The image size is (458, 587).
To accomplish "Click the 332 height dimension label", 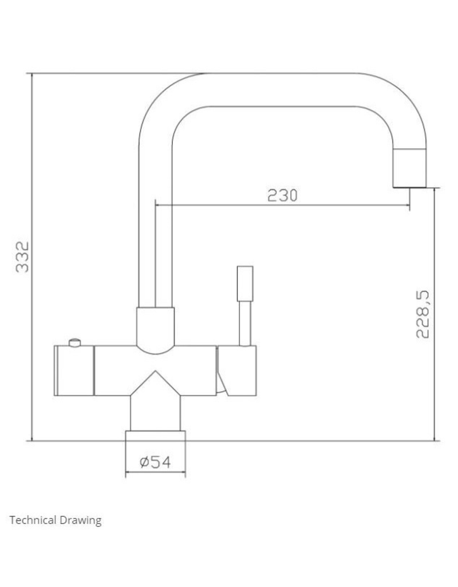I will click(22, 257).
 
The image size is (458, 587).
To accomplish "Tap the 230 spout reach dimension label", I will click(282, 195).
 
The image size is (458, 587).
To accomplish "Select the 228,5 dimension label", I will click(423, 314).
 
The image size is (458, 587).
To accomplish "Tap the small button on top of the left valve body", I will click(75, 343).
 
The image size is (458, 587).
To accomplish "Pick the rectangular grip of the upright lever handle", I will click(245, 283).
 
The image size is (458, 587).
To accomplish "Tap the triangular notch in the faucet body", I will click(155, 384).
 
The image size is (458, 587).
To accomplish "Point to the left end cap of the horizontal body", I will click(74, 371).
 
